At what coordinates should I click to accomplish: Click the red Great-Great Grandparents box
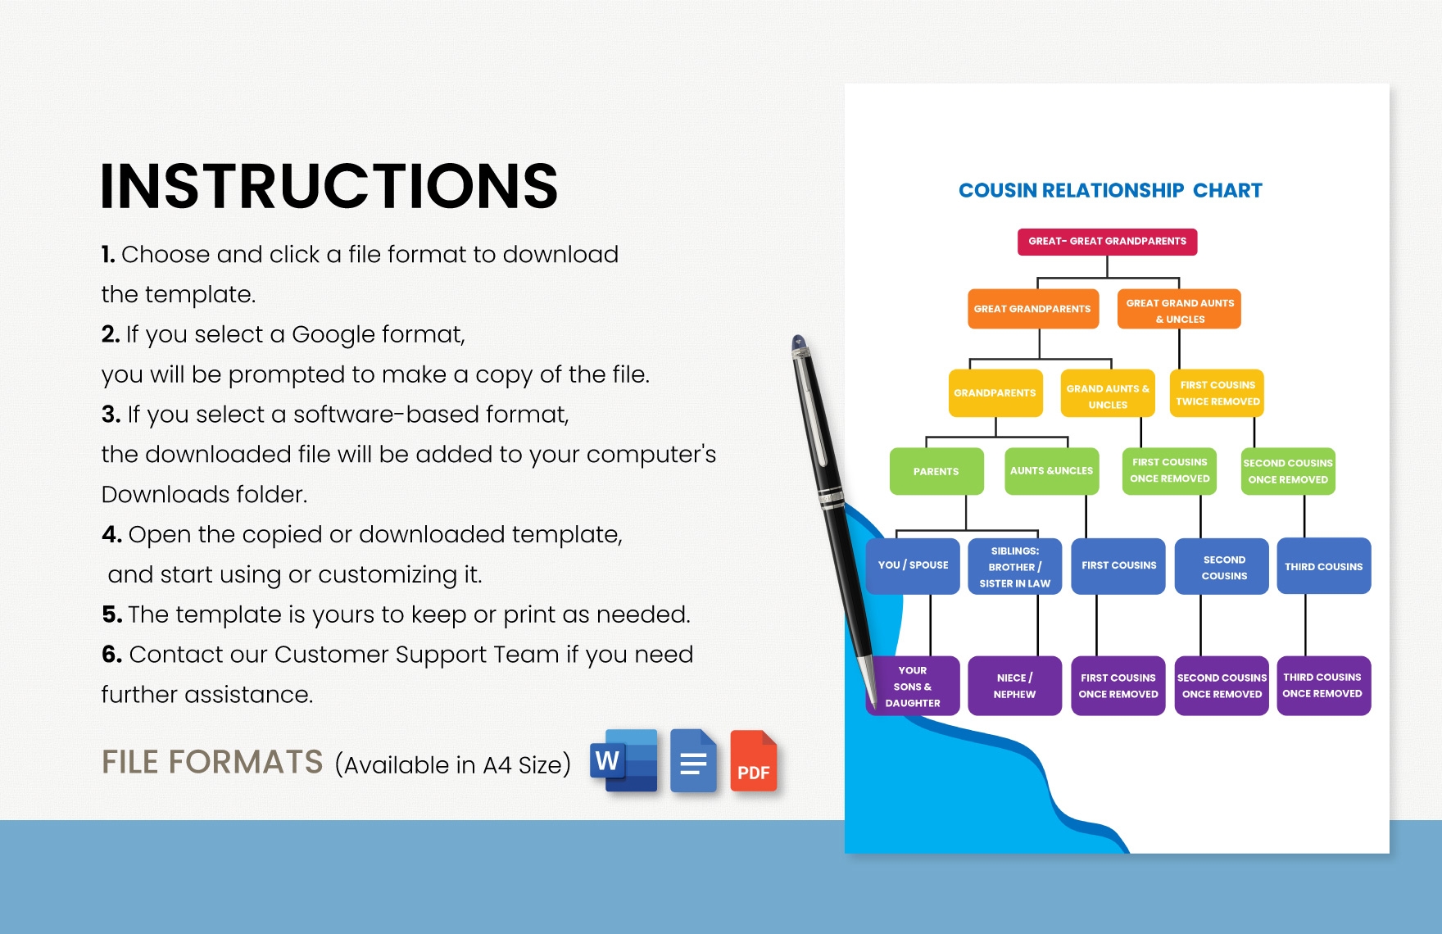coord(1107,242)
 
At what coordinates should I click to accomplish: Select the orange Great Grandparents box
coord(1032,309)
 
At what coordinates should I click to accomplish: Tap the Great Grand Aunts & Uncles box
coord(1179,309)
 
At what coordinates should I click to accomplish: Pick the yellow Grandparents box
coord(995,393)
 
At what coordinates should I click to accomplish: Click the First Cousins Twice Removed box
coord(1218,393)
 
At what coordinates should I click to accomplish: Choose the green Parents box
coord(936,471)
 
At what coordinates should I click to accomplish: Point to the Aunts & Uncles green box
coord(1052,471)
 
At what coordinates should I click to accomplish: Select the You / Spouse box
coord(913,565)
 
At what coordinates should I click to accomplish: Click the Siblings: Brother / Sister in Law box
coord(1015,566)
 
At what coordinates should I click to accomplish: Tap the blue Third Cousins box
coord(1324,566)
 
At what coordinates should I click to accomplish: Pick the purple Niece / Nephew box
coord(1015,686)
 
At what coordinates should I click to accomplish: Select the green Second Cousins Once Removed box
coord(1289,471)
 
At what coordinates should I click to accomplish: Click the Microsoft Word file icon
coord(624,760)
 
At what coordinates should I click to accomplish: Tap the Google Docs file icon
coord(694,760)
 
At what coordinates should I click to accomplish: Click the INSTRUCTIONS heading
coord(329,186)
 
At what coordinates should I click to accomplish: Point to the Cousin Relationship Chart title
coord(1110,191)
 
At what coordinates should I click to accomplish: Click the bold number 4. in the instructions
coord(111,535)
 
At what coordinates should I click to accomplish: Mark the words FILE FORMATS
coord(212,762)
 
